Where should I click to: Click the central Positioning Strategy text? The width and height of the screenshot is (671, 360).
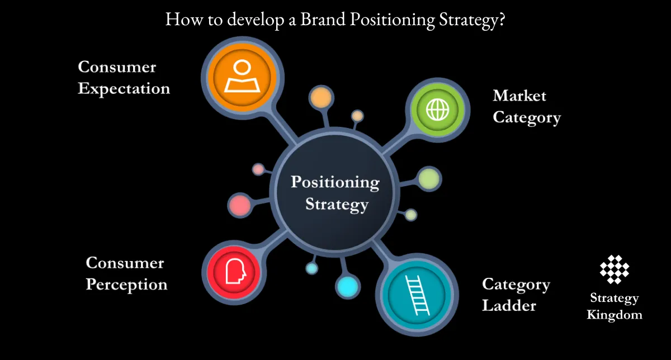335,193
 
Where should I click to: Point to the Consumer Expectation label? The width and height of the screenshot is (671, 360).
124,78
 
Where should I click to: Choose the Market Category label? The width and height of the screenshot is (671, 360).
526,106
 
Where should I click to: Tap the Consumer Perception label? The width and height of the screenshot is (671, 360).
126,273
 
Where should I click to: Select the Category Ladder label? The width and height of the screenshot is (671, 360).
516,295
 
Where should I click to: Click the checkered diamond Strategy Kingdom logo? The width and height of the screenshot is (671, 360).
614,269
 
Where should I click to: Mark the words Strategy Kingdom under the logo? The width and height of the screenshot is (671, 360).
614,306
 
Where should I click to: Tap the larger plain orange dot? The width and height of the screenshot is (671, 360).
321,97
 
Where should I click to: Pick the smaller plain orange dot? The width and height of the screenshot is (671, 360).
357,116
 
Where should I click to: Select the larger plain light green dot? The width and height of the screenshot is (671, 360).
429,178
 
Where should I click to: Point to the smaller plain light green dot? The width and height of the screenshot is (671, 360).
410,215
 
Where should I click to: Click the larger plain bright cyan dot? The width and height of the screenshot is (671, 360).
347,286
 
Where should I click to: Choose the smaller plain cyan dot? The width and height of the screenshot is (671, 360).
311,268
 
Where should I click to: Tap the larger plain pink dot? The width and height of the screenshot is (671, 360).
240,205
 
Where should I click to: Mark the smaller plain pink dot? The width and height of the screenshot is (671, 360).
258,169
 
